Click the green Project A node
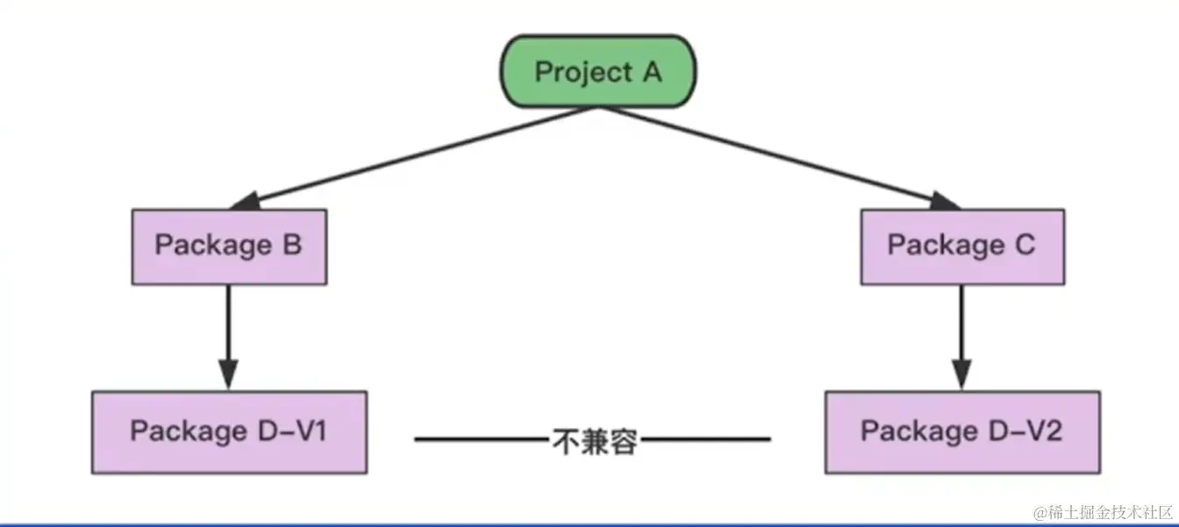click(598, 71)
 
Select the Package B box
click(229, 246)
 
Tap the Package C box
click(961, 246)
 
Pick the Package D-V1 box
click(229, 431)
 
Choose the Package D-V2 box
click(961, 431)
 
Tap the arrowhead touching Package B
click(246, 201)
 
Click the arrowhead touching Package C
click(944, 201)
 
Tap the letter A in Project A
click(651, 71)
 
